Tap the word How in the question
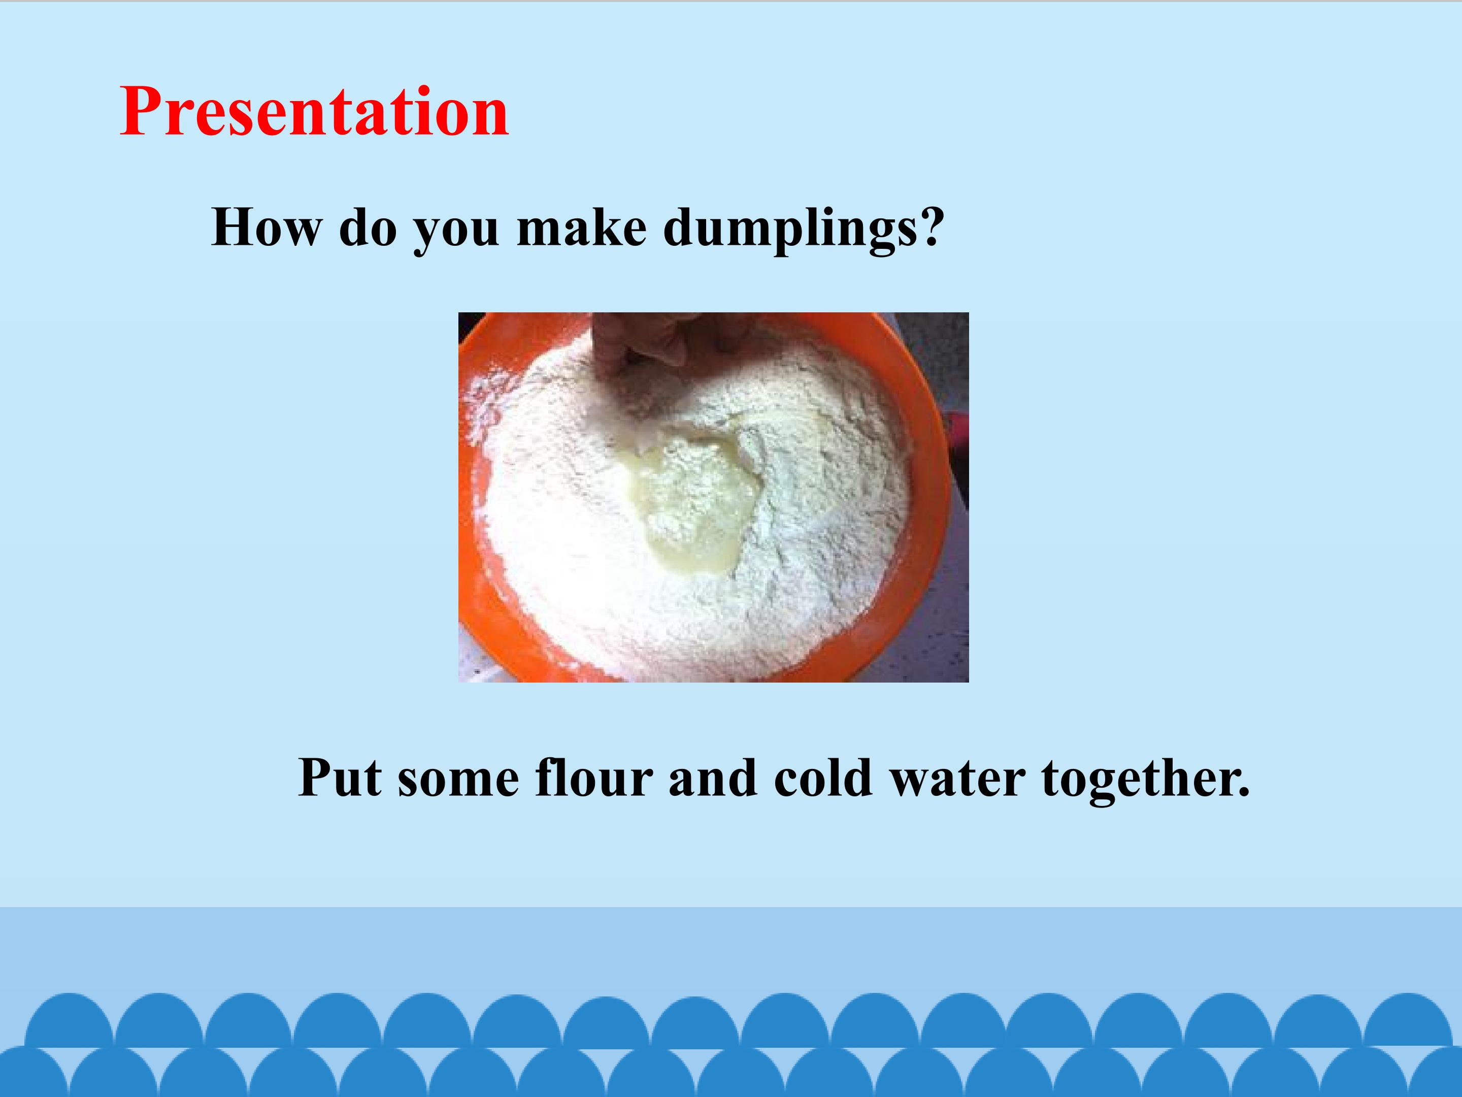(265, 228)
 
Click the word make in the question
(582, 228)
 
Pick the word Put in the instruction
(339, 778)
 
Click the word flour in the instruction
(594, 777)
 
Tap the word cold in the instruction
(823, 777)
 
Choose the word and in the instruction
(713, 777)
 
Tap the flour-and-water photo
(714, 497)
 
